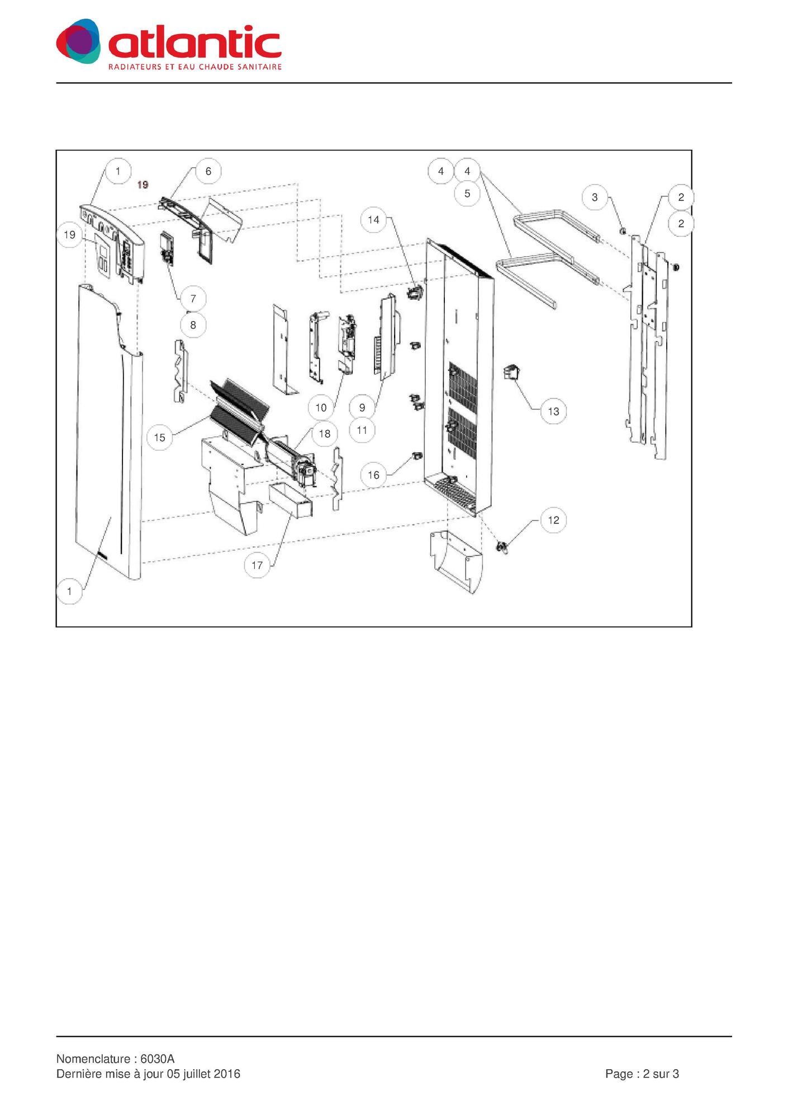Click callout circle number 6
(208, 171)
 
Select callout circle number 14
(373, 220)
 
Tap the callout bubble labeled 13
(553, 412)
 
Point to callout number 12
(553, 520)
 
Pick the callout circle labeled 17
(257, 565)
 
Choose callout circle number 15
(160, 437)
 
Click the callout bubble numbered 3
(595, 197)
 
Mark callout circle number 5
(467, 193)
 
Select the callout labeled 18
(325, 433)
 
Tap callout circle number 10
(321, 408)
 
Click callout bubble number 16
(373, 475)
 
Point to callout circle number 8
(193, 325)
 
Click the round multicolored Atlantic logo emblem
(79, 41)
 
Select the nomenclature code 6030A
(158, 1059)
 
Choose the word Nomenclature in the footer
(93, 1059)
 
